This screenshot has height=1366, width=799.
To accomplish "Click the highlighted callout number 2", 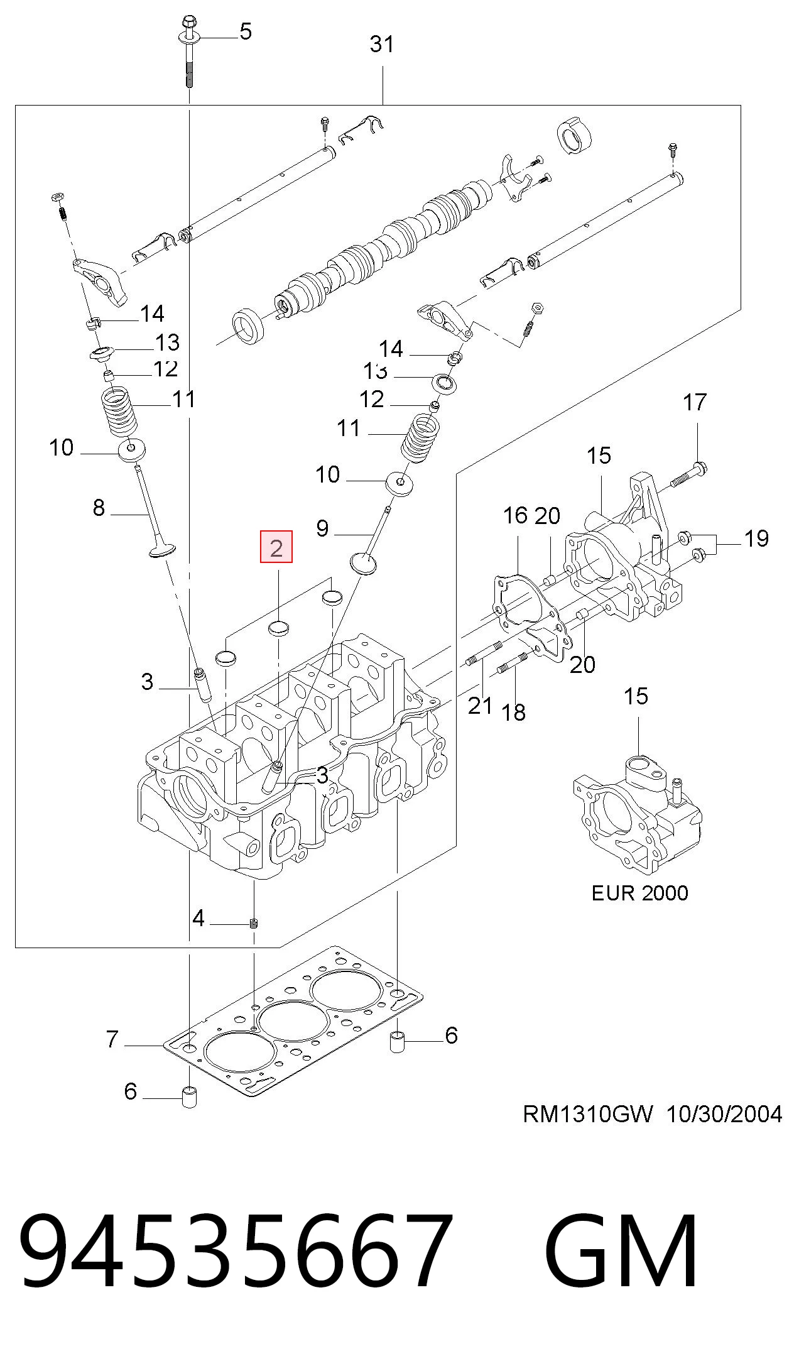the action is click(x=276, y=547).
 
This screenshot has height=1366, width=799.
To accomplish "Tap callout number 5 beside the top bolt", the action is click(x=246, y=31).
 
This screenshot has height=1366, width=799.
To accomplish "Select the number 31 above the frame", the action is click(x=382, y=45).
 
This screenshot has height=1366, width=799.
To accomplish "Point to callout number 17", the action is click(x=695, y=402).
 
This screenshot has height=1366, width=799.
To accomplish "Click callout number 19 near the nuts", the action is click(x=756, y=538).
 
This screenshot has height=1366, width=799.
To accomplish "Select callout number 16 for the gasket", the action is click(x=515, y=516).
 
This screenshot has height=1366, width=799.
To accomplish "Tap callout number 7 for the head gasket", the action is click(x=112, y=1040).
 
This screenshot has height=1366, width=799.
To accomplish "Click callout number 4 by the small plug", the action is click(x=198, y=919).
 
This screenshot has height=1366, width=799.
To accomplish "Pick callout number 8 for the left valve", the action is click(x=99, y=508).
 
